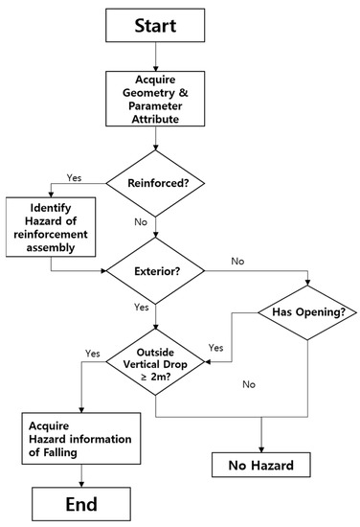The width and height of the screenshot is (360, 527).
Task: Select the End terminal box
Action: [82, 502]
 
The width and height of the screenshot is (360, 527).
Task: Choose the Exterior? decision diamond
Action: [155, 271]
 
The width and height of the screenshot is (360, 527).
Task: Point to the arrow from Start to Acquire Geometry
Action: [155, 59]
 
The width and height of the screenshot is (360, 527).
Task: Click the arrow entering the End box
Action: [82, 477]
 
